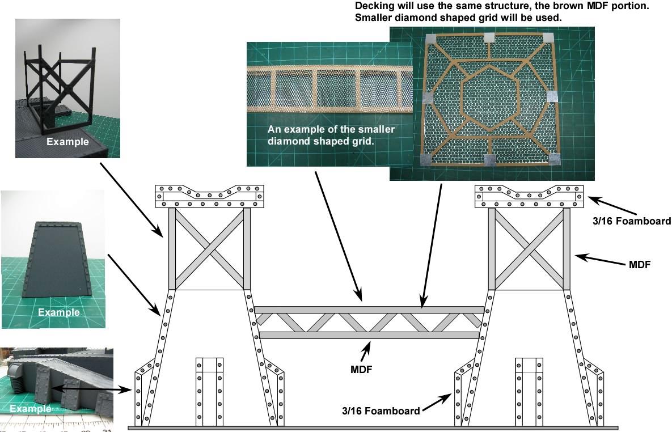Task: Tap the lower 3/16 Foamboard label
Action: click(x=381, y=411)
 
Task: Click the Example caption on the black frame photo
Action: click(x=67, y=142)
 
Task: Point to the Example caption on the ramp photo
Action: click(x=59, y=312)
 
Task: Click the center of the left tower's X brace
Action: click(x=209, y=248)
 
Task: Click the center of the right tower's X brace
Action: click(x=529, y=248)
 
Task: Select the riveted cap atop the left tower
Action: click(x=209, y=196)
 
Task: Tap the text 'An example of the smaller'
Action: click(x=331, y=130)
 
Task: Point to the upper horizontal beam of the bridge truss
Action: click(x=369, y=310)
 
